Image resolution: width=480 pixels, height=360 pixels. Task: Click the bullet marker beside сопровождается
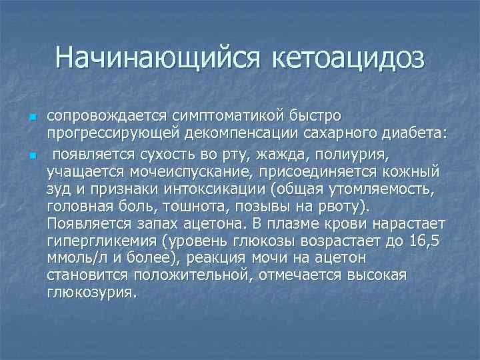[x=31, y=117]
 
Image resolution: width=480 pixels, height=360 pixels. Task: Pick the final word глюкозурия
[x=91, y=292]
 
